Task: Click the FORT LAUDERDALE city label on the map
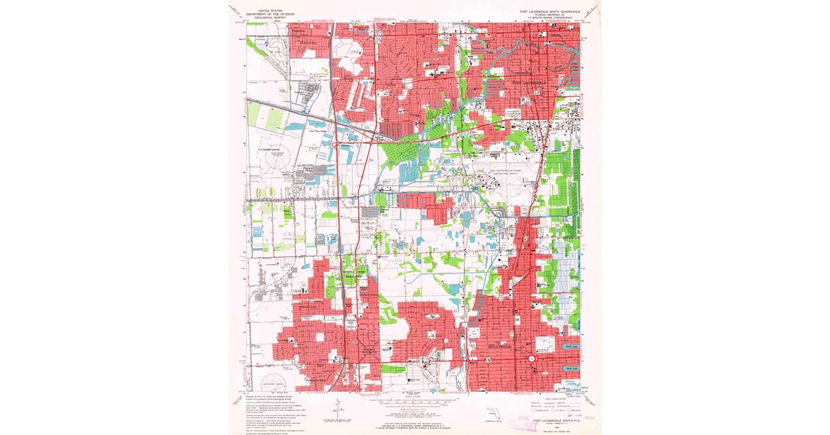(x=528, y=83)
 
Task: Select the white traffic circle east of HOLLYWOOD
(x=531, y=359)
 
